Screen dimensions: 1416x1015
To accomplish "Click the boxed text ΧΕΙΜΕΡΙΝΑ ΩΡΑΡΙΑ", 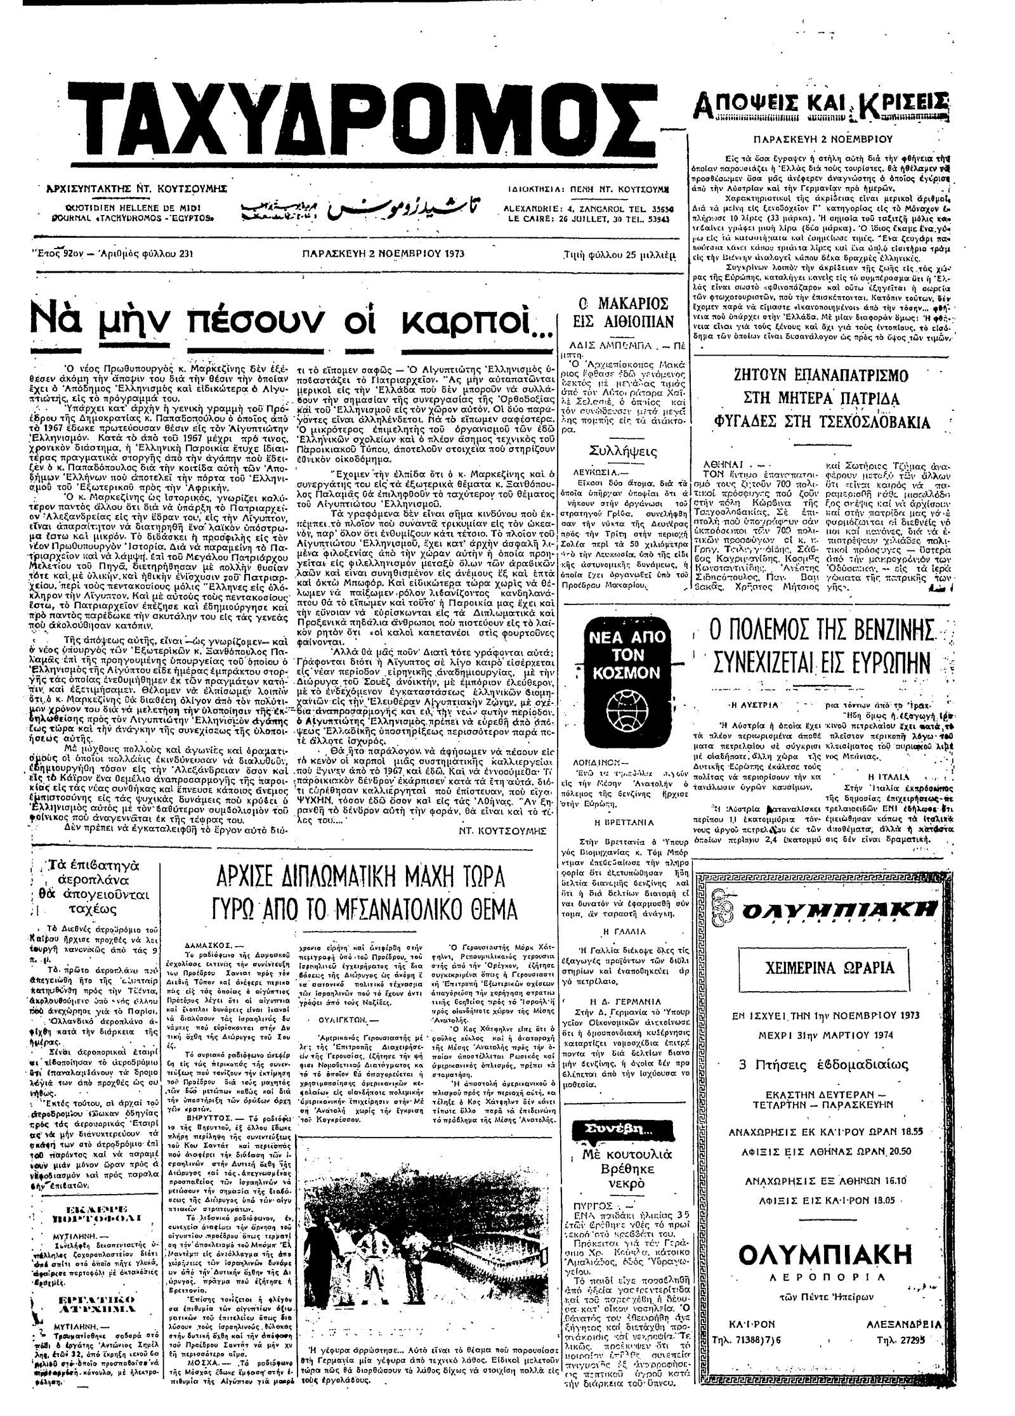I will click(822, 967).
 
